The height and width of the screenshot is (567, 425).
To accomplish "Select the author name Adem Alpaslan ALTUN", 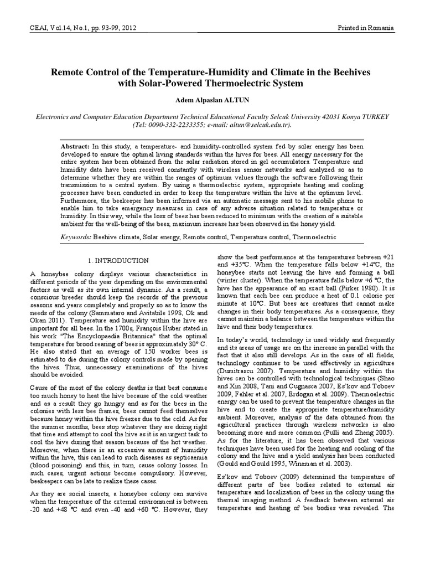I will coord(212,102).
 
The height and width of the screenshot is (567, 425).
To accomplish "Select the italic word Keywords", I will coord(76,236).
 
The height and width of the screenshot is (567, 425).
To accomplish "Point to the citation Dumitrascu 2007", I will coord(243,367).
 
